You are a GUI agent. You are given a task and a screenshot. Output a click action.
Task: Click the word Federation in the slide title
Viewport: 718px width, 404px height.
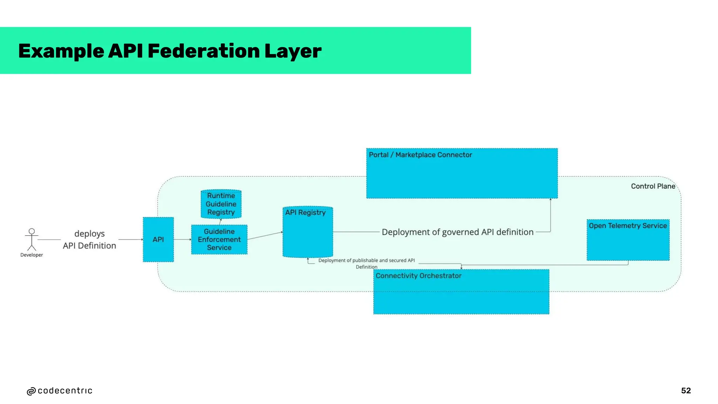(203, 51)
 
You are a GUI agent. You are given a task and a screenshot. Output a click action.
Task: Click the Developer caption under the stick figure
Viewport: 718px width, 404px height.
(32, 255)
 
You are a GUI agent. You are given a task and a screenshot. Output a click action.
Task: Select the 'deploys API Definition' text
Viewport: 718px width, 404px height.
(89, 240)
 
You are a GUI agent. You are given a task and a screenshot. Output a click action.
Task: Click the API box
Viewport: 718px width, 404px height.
(158, 240)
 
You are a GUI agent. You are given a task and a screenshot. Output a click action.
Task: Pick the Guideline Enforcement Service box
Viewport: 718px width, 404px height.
(219, 240)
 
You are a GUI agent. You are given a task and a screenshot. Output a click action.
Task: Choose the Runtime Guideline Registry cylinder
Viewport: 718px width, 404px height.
(221, 204)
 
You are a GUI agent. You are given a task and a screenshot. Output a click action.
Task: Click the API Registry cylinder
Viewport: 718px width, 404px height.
(307, 232)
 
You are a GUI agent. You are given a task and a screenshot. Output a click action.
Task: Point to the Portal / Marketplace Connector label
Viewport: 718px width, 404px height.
(420, 155)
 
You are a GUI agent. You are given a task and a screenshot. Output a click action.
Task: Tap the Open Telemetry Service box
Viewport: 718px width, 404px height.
(628, 240)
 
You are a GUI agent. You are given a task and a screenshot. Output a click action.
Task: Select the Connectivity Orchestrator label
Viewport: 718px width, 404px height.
(418, 276)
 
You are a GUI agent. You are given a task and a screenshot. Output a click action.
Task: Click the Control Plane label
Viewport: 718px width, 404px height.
(653, 186)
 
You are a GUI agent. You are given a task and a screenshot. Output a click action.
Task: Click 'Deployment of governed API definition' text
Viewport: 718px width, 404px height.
(457, 232)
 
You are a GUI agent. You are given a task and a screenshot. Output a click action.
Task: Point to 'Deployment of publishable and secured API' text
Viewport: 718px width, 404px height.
(366, 261)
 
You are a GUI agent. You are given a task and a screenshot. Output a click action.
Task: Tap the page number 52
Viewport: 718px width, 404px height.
(686, 391)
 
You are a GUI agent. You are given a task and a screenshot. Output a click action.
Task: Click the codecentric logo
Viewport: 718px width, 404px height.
(60, 391)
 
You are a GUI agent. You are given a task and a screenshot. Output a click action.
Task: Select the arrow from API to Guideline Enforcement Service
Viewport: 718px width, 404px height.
(182, 240)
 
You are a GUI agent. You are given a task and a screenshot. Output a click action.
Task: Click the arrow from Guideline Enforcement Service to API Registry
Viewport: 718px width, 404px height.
(265, 236)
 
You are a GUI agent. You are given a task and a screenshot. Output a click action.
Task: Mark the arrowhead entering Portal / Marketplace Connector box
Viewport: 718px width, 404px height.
(550, 200)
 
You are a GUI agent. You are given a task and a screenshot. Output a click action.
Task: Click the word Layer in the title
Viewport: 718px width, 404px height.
(293, 51)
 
